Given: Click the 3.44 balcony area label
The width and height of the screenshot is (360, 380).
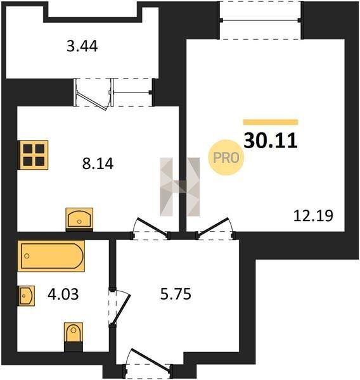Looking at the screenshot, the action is pos(82,46).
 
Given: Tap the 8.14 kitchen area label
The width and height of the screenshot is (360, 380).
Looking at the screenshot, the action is pos(98,163).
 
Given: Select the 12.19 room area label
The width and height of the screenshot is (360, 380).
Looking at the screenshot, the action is pos(313,216).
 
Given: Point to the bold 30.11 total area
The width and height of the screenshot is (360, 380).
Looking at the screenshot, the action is pos(271,141).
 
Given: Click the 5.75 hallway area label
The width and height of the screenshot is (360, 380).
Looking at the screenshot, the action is pos(176,294).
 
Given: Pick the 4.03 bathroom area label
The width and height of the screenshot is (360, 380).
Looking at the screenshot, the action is pos(63,294).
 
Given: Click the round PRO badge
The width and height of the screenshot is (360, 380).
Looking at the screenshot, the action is pos(226,158).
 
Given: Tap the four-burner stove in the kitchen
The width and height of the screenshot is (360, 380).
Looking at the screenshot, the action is pos(33,155).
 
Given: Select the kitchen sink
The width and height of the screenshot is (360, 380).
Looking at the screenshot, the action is pos(79,219).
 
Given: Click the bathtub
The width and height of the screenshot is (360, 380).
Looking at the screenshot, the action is pos(51,256).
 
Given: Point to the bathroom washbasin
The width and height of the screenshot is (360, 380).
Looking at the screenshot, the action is pos(26,296).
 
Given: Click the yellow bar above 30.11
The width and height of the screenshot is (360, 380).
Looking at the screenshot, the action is pos(271,122).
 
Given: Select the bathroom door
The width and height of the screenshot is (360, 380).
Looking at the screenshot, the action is pos(119,307).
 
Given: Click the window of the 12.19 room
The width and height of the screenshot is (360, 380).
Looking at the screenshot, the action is pos(260,20).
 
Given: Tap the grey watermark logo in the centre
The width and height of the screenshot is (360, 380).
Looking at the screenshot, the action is pos(180,187).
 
